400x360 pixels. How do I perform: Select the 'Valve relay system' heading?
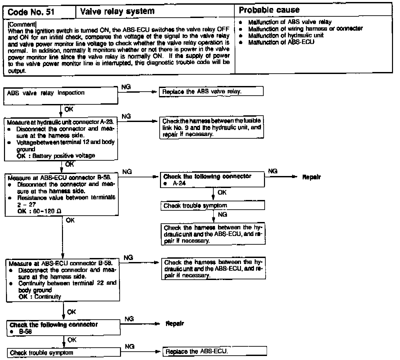(x=117, y=11)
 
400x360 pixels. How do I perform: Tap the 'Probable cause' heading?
(x=269, y=10)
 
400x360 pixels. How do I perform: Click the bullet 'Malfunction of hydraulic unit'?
(x=286, y=35)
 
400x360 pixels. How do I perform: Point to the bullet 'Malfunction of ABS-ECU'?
(x=281, y=42)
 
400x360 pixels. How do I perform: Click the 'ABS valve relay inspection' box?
(x=61, y=96)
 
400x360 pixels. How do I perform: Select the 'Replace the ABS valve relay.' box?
(x=211, y=91)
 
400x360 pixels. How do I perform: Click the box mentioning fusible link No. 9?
(x=212, y=128)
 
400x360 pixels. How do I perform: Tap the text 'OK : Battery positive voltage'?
(x=56, y=156)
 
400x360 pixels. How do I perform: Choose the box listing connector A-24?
(x=212, y=180)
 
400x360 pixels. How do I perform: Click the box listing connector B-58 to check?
(x=63, y=328)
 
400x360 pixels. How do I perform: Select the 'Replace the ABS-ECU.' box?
(x=215, y=351)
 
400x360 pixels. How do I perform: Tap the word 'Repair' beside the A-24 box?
(x=311, y=177)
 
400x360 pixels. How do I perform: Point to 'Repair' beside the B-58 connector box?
(x=175, y=324)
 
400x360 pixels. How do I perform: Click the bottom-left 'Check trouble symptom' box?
(x=64, y=352)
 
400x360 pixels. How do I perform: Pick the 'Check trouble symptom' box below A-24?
(x=213, y=206)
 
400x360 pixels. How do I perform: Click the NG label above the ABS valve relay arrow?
(x=126, y=87)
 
